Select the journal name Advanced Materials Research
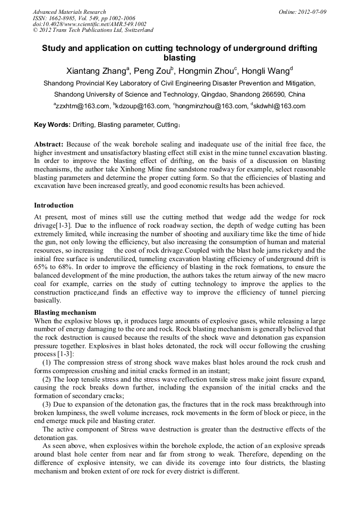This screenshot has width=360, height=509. tap(70, 12)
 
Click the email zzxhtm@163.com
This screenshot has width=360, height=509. tap(82, 106)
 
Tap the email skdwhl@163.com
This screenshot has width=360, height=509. tap(279, 106)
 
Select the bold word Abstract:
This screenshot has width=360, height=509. tap(49, 144)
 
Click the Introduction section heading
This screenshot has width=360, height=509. tap(54, 205)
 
